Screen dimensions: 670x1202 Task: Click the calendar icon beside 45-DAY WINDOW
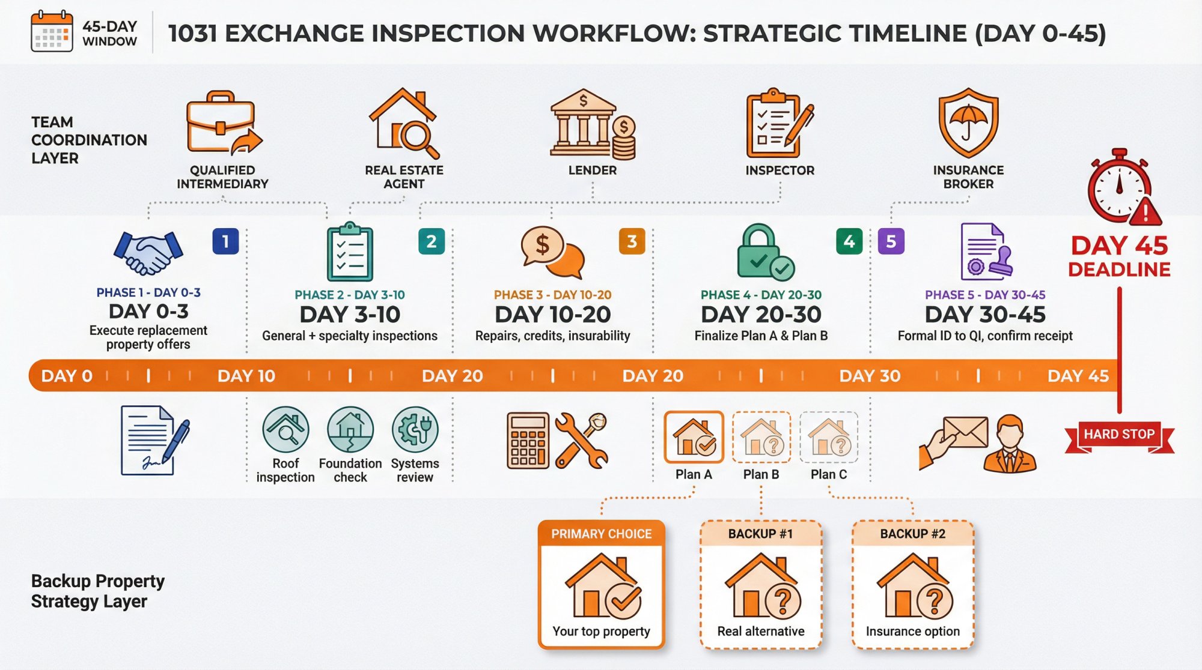click(x=52, y=32)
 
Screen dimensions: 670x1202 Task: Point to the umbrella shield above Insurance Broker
click(x=968, y=123)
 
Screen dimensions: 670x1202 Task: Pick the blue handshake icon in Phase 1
click(x=148, y=252)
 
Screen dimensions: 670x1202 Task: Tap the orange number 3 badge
click(x=632, y=241)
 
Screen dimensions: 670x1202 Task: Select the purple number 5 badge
click(x=891, y=241)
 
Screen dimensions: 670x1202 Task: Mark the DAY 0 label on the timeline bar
click(x=67, y=376)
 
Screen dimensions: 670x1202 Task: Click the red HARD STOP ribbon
click(x=1119, y=435)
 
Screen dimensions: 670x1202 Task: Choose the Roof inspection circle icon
click(x=285, y=429)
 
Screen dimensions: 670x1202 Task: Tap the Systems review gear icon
click(x=415, y=429)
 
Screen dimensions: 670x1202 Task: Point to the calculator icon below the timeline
click(x=528, y=440)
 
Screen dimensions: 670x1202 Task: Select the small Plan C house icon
click(x=829, y=437)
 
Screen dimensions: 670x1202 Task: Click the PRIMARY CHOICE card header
click(x=601, y=534)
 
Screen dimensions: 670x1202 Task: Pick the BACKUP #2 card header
click(x=912, y=534)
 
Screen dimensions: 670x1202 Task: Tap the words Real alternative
click(x=760, y=631)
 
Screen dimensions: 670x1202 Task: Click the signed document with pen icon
click(x=153, y=440)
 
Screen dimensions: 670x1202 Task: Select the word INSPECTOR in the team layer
click(x=779, y=171)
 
